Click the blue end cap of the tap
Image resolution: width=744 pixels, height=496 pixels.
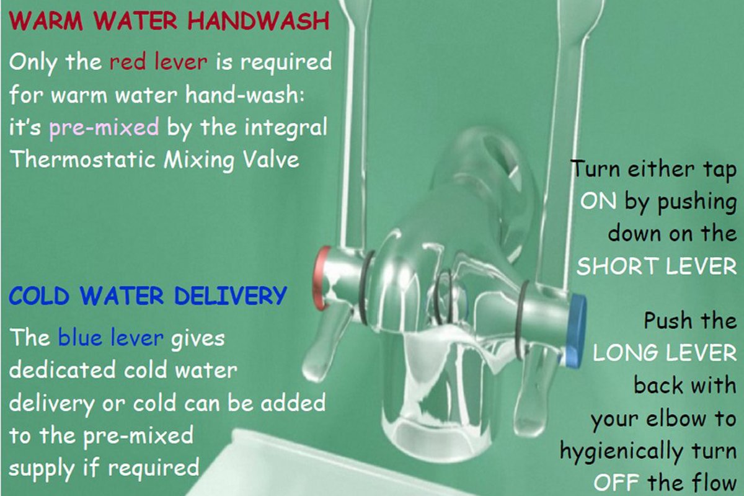[575, 330]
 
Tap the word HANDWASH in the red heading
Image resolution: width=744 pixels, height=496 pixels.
[259, 20]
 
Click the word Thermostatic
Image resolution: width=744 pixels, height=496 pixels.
[83, 159]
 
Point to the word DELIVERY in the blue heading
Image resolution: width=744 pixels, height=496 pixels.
[230, 295]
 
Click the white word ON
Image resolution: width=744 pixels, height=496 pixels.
[598, 201]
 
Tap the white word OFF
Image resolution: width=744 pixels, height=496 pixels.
[616, 483]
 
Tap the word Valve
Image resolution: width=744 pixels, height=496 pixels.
[271, 159]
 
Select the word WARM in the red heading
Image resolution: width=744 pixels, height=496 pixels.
[46, 20]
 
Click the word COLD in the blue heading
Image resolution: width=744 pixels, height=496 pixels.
[39, 295]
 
